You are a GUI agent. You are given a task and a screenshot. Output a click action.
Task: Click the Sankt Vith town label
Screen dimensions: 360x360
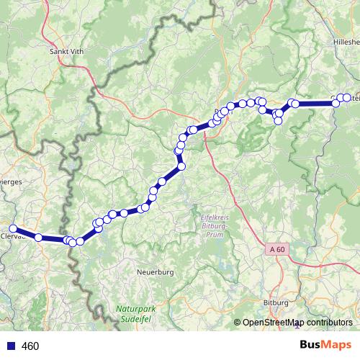coord(68,51)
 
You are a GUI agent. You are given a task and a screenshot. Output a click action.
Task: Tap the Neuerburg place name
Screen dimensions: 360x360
coord(156,273)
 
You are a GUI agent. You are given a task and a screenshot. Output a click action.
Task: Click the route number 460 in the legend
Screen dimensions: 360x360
coord(30,346)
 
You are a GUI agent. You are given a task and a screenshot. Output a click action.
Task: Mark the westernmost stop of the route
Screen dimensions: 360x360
coord(12,229)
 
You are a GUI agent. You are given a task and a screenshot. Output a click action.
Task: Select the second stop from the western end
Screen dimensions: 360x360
coord(38,237)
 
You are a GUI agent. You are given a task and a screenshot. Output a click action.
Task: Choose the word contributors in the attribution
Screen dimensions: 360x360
coord(328,323)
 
